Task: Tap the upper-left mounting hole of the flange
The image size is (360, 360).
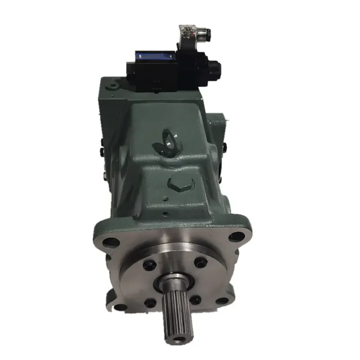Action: (108, 243)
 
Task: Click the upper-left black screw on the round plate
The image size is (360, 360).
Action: (148, 265)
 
